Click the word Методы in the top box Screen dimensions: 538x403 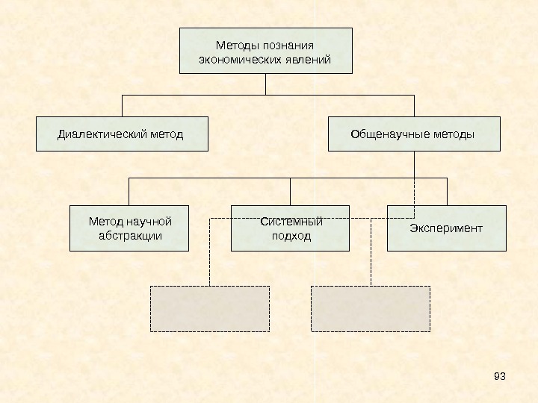tap(234, 45)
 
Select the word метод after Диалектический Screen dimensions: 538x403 tap(164, 135)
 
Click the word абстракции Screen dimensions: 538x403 tap(130, 236)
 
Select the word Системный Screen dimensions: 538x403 tap(291, 222)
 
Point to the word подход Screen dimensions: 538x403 tap(291, 236)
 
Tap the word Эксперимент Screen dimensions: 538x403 tap(446, 228)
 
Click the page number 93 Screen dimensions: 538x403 tap(500, 375)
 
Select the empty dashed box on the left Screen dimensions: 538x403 tap(210, 308)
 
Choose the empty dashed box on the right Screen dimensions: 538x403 tap(371, 308)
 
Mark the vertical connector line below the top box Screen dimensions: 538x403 tap(265, 84)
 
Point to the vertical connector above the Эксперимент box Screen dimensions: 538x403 tap(447, 192)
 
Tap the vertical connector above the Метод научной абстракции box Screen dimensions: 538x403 tap(129, 192)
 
